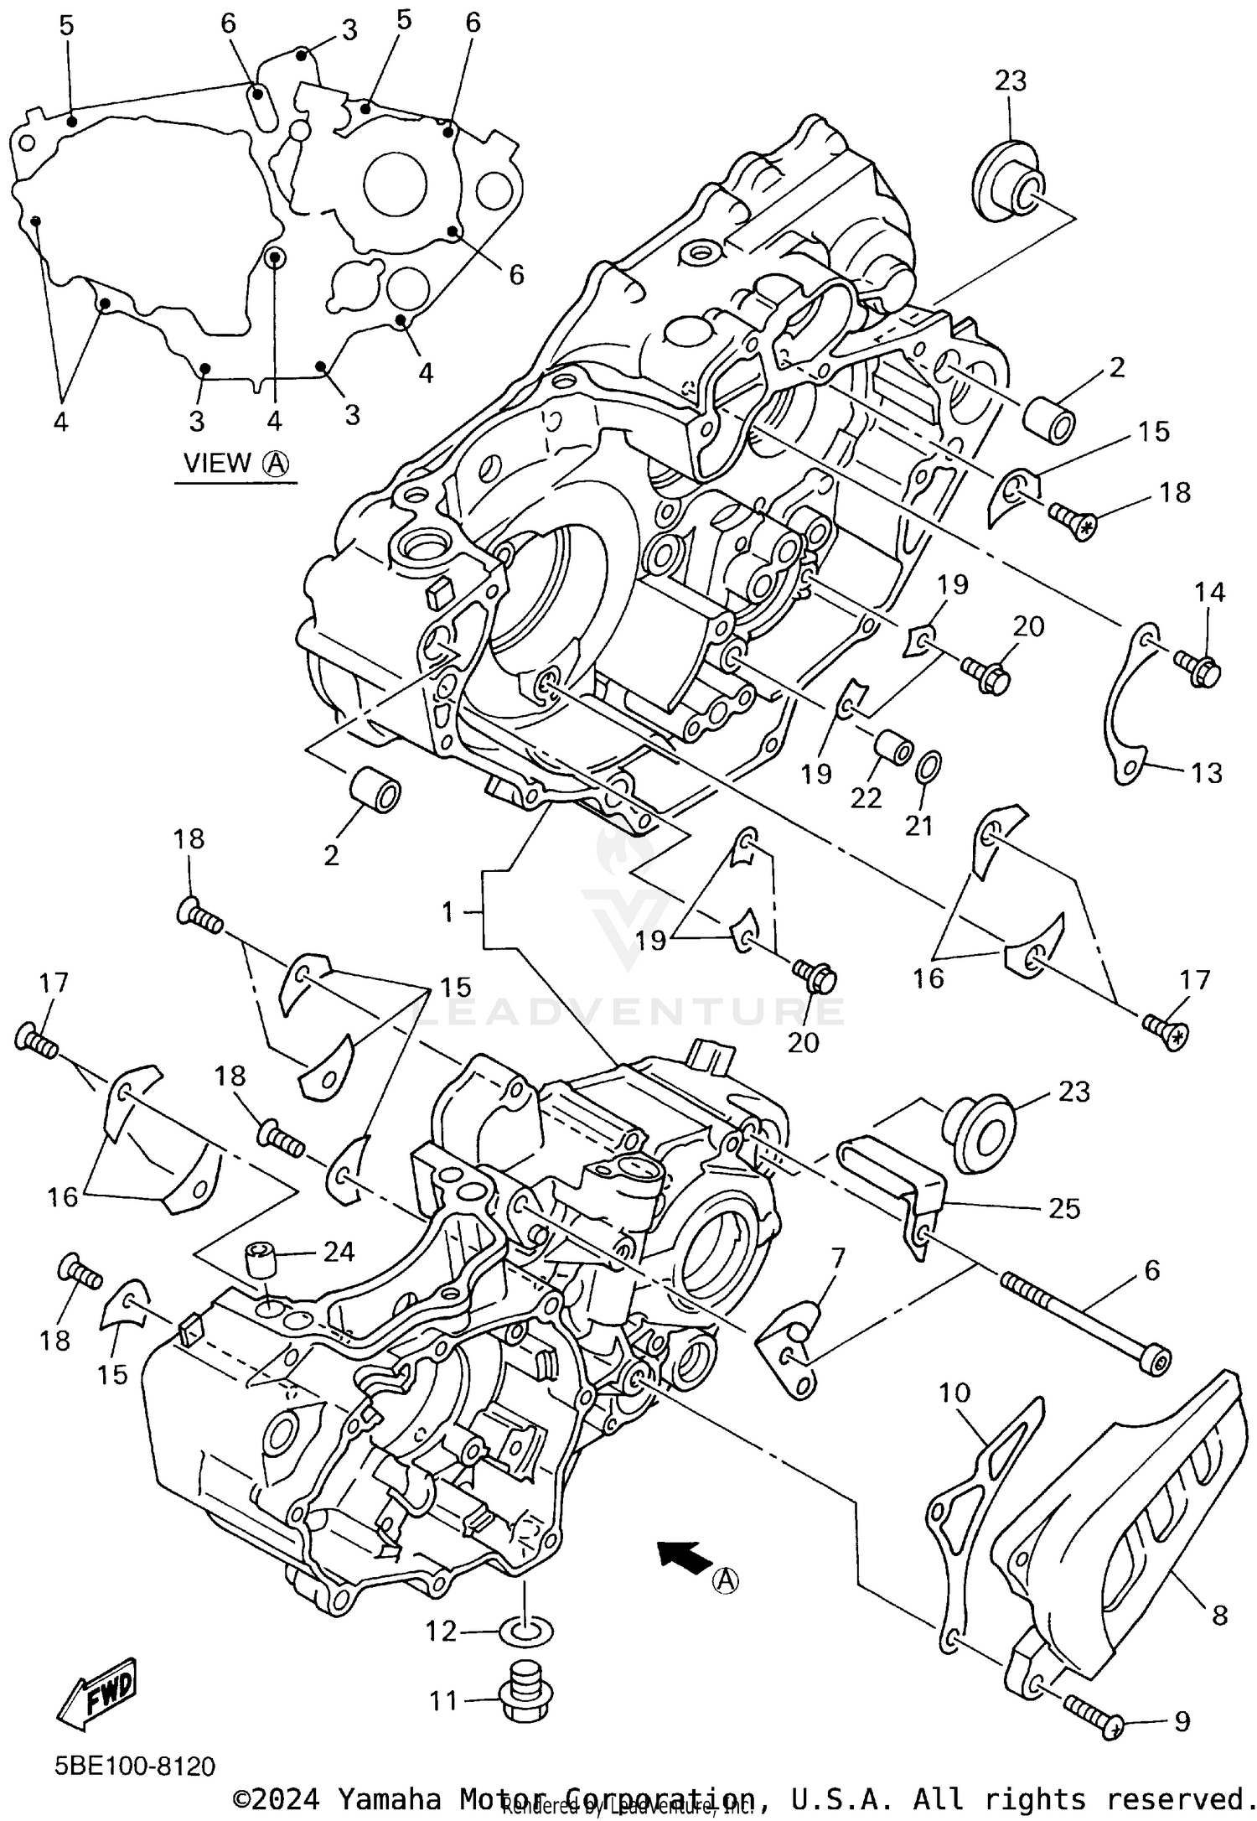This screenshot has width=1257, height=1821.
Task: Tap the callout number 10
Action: (x=954, y=1393)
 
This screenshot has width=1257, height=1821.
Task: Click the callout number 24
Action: (x=339, y=1252)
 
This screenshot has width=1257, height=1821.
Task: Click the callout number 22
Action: (x=866, y=796)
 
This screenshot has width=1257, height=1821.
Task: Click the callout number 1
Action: (x=447, y=911)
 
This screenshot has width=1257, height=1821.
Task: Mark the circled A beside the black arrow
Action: (x=727, y=1580)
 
